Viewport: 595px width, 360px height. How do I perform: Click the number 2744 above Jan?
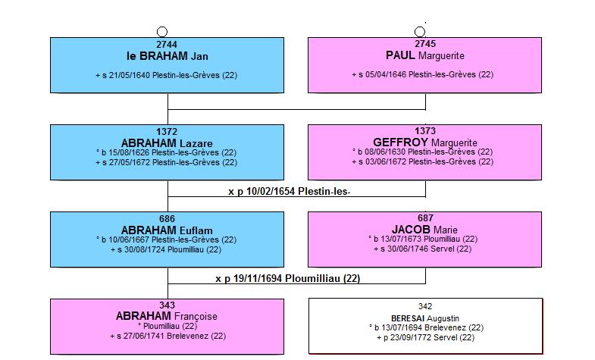tap(167, 45)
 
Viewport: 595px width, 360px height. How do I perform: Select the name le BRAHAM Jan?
tap(167, 56)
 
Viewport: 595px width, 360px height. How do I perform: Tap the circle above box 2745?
tap(420, 32)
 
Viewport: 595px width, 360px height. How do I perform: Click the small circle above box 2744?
tap(162, 32)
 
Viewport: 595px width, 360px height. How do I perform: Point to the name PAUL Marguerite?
tap(425, 55)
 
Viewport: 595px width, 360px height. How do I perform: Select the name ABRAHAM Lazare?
tap(167, 143)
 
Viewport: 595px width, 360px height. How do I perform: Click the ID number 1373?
tap(425, 131)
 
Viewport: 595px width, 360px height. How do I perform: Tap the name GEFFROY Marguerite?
tap(425, 142)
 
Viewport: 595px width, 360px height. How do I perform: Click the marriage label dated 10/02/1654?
tap(289, 191)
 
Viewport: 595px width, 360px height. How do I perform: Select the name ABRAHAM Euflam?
tap(167, 230)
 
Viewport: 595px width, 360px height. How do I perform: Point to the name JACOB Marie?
tap(424, 230)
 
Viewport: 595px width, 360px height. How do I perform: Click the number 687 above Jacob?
tap(425, 218)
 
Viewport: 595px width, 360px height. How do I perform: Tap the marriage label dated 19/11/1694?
tap(287, 278)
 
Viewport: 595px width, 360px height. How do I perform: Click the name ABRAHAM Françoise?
tap(167, 316)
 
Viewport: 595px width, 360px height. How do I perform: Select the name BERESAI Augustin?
tap(425, 318)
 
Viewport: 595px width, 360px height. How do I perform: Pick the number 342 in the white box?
tap(425, 306)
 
